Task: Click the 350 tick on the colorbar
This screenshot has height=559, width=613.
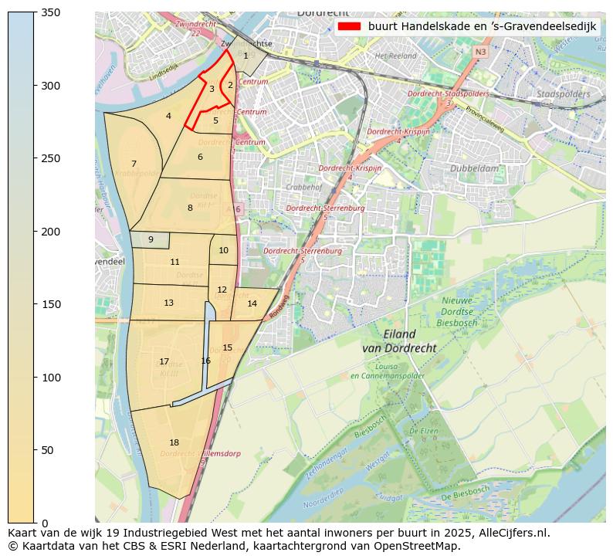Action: [35, 12]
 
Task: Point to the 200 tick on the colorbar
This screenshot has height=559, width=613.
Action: [35, 232]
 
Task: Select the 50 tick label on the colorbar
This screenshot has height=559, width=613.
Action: [49, 450]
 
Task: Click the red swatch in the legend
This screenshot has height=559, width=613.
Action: [349, 26]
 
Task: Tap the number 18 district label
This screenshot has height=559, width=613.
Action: [174, 442]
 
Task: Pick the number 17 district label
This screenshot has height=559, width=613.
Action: [164, 361]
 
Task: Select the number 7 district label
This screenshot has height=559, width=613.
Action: [134, 164]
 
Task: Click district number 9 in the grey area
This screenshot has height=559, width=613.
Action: [151, 239]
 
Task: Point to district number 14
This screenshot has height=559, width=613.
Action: [252, 303]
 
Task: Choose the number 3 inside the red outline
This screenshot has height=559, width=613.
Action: [212, 89]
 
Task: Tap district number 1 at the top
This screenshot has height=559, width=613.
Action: [246, 55]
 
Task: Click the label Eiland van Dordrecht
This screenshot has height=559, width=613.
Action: [399, 341]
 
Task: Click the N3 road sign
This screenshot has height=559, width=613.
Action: [480, 52]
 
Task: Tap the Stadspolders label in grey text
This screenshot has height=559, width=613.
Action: [563, 94]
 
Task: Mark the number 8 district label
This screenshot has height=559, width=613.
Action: [190, 208]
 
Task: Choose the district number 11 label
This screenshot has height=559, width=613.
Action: [174, 262]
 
